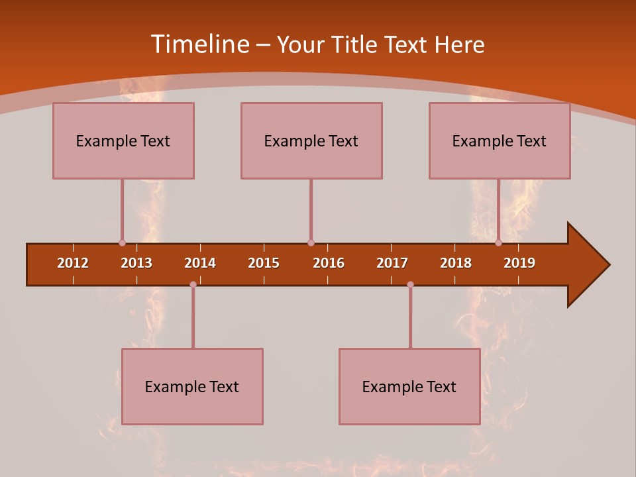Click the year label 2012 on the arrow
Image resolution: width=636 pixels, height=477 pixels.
pos(73,263)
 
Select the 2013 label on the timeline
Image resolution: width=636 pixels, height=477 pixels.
pos(136,263)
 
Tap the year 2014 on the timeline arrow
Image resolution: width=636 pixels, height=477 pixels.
pos(200,263)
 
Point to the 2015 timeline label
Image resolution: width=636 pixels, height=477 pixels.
pos(264,263)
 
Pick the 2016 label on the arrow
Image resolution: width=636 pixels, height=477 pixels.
pos(329,263)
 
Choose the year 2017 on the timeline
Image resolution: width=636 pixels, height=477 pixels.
pos(392,263)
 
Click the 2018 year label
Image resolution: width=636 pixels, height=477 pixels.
pos(456,263)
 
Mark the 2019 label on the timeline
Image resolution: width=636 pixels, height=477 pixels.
pos(519,263)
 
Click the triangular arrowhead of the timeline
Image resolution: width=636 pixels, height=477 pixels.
pos(587,265)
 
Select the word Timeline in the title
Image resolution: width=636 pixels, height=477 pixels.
pos(199,44)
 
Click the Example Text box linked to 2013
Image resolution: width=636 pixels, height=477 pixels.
pos(123,140)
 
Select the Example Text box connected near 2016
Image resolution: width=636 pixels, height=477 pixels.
pos(311,140)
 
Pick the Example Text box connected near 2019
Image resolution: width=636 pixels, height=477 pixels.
pos(500,140)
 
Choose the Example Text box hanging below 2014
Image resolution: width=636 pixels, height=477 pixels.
pos(192,386)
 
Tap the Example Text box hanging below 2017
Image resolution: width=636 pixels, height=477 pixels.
pos(409,386)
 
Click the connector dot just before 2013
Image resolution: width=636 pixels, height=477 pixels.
pos(122,242)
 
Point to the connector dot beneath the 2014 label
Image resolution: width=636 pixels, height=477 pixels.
pos(193,284)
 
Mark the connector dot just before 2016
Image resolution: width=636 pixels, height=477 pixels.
pos(311,242)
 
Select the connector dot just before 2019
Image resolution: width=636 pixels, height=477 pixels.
pos(498,242)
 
